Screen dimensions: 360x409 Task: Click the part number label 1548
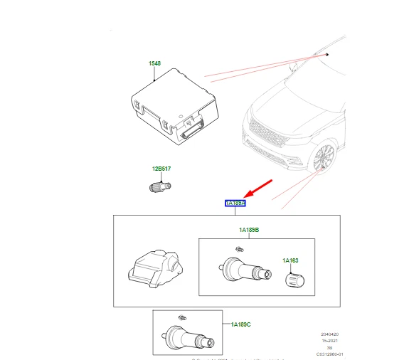tap(154, 64)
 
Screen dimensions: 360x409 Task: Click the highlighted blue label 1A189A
tap(235, 203)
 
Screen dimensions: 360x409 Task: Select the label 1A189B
tap(249, 231)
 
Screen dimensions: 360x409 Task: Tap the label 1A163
tap(292, 260)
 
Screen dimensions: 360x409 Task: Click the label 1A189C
tap(240, 324)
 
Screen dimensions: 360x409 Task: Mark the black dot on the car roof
tap(327, 55)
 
